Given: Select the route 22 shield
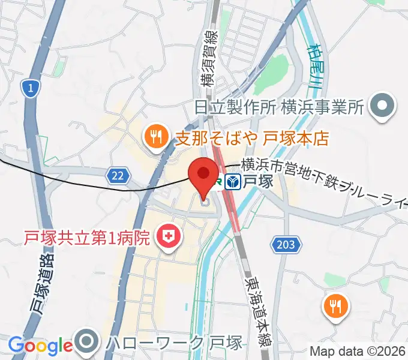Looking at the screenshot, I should click(118, 175).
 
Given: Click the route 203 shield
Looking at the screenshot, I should click(286, 244).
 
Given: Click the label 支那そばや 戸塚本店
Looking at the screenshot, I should click(252, 139).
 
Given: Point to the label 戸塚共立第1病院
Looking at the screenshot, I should click(86, 239).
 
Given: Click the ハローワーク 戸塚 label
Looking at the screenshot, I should click(174, 343).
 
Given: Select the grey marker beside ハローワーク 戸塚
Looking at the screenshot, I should click(88, 343).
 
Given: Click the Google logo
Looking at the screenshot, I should click(40, 346).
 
